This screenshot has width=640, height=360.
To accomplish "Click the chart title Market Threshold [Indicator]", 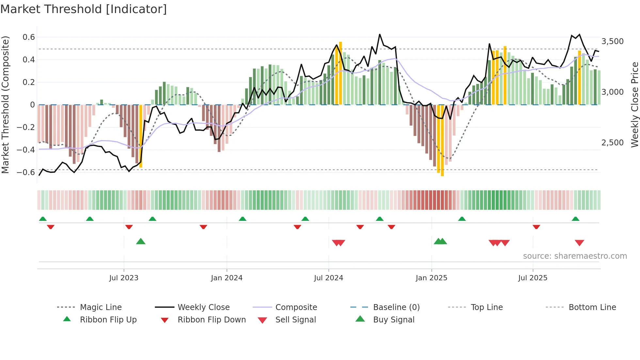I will pyautogui.click(x=84, y=9).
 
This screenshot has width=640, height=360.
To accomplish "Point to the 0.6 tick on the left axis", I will pyautogui.click(x=29, y=37).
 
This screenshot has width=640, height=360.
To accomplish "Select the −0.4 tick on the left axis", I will pyautogui.click(x=26, y=150).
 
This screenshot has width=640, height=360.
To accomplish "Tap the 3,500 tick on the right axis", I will pyautogui.click(x=612, y=41).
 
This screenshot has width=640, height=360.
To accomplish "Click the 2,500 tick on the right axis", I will pyautogui.click(x=612, y=143).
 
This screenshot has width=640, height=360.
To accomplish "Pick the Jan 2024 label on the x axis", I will pyautogui.click(x=227, y=278).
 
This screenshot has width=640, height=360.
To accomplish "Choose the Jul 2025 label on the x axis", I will pyautogui.click(x=533, y=278).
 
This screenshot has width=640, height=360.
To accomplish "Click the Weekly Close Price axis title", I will pyautogui.click(x=634, y=105).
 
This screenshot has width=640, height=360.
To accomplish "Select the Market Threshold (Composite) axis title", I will pyautogui.click(x=5, y=105).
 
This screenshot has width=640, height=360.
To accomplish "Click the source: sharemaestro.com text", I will pyautogui.click(x=575, y=256).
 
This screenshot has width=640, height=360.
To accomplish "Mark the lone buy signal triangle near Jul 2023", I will pyautogui.click(x=141, y=242).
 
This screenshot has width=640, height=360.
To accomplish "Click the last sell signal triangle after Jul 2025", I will pyautogui.click(x=579, y=243).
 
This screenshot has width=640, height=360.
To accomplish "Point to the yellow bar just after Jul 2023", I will pyautogui.click(x=141, y=136).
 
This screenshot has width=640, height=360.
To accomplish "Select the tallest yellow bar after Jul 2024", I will pyautogui.click(x=341, y=73).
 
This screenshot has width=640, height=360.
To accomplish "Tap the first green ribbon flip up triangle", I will pyautogui.click(x=43, y=219).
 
